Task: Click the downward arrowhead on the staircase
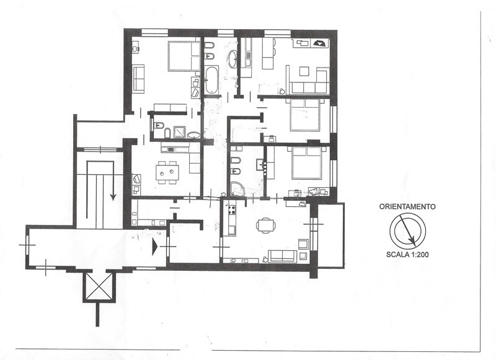point(113,196)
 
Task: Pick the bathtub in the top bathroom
point(211,81)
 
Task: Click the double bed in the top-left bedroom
point(184,56)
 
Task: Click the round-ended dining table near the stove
point(265,225)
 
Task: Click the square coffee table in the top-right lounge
point(305,70)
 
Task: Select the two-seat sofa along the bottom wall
point(283,255)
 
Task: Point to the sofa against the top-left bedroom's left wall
point(138,78)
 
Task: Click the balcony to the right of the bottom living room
point(330,235)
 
